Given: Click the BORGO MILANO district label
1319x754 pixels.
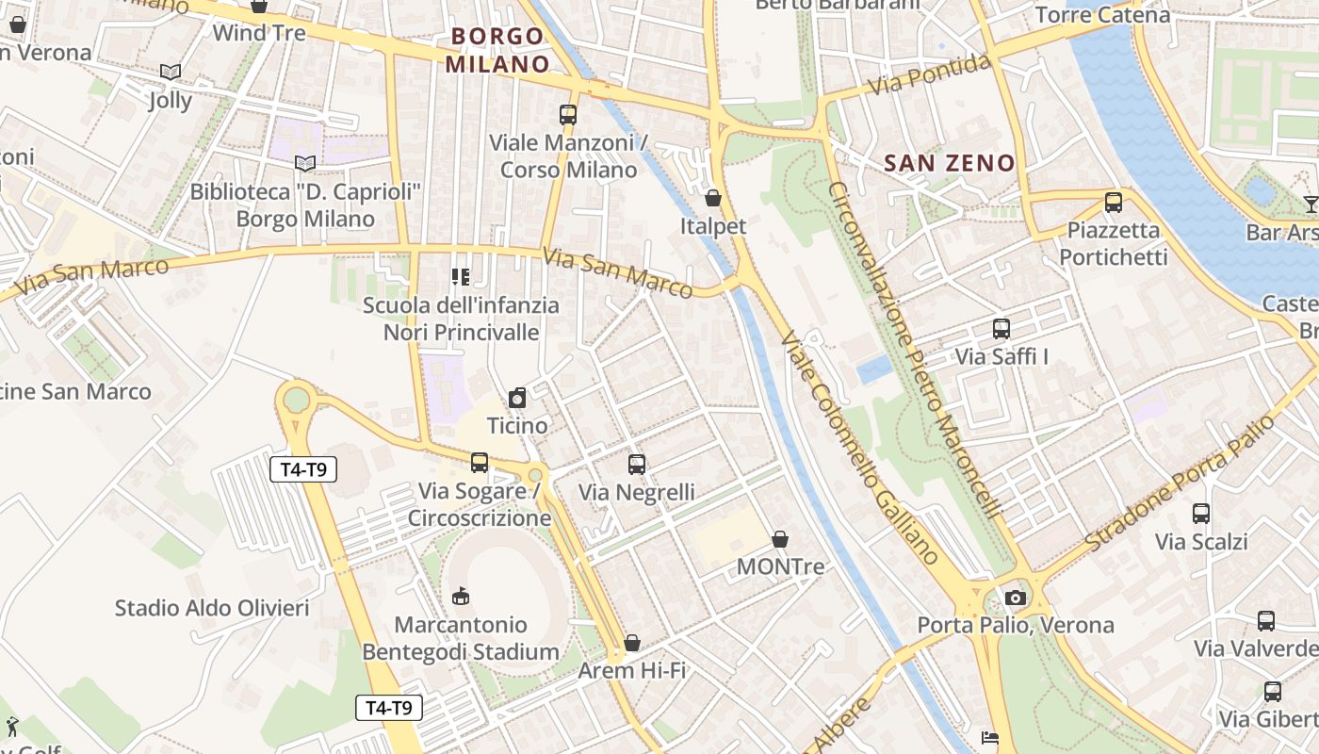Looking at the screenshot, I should point(497,50).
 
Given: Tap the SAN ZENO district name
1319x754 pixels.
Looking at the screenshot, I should point(950,163).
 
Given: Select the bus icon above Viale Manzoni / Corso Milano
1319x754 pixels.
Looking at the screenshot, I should point(567,115).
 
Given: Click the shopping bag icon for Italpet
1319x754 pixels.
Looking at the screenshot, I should point(713,198).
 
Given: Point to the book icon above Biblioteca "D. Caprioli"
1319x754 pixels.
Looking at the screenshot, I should point(304,163).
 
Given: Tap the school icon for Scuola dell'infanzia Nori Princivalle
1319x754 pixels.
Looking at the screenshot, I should point(461,277).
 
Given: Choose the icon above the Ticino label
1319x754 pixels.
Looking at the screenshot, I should point(517,398).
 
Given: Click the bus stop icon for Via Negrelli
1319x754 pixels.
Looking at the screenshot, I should point(637,464).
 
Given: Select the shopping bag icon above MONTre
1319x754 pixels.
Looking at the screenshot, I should point(780,539).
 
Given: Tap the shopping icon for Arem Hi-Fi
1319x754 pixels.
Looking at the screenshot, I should point(632,643).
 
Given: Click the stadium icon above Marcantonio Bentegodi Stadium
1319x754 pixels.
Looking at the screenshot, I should point(461,596).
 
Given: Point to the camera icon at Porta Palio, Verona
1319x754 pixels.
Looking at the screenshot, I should point(1015,598).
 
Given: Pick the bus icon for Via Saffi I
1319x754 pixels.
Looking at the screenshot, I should point(1001,329).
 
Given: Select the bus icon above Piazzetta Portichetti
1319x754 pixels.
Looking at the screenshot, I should point(1114,202).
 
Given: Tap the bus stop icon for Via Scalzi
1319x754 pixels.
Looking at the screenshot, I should point(1201,514).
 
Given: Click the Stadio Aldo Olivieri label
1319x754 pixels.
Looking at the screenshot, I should point(212,608).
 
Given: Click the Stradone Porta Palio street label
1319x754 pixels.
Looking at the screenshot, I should point(1180,484).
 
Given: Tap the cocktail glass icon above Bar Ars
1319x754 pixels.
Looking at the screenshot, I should point(1311,204).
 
